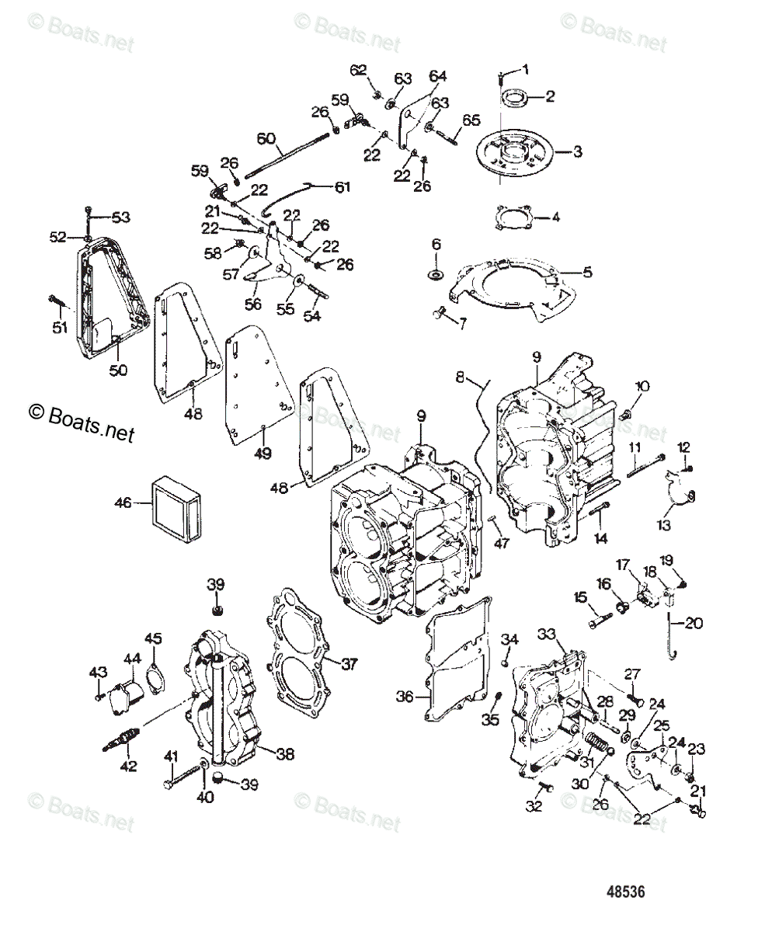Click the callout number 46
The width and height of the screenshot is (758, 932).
point(123,503)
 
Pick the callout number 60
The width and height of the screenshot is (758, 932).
point(266,140)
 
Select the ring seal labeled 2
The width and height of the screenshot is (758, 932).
point(513,98)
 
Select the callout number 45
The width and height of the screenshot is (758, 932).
point(154,638)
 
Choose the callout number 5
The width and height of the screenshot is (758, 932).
point(587,272)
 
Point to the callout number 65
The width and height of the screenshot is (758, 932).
point(471,120)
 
